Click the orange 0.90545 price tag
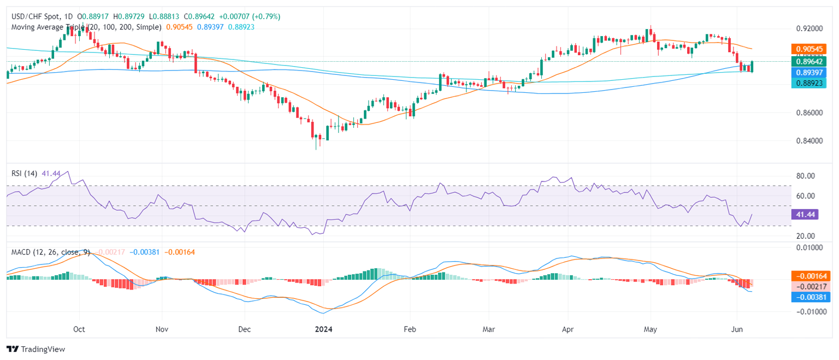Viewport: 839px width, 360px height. (808, 49)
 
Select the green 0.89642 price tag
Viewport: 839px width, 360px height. (808, 62)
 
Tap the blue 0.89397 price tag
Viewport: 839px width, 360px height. (808, 72)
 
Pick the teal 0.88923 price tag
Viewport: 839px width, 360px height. (808, 82)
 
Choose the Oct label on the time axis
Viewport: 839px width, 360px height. (80, 329)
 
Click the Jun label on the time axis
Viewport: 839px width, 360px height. (737, 329)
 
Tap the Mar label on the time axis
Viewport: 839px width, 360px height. (489, 329)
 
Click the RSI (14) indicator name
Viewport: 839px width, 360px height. (25, 173)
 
